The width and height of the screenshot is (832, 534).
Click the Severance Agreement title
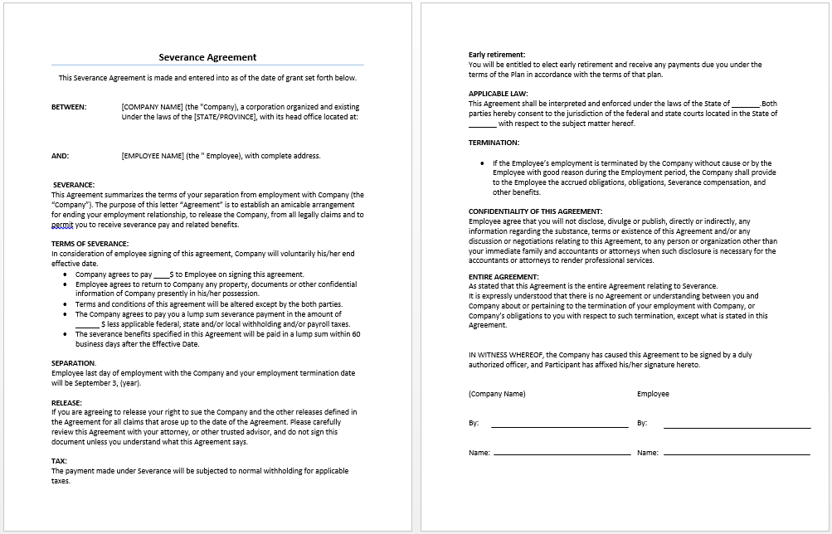[x=207, y=57]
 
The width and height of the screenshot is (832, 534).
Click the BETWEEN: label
[x=69, y=107]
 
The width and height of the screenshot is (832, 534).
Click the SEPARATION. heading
[x=74, y=363]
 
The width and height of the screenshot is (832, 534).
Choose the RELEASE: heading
[x=66, y=402]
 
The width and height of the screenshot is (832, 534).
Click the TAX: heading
[x=60, y=461]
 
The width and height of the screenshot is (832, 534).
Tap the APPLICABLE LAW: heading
[x=498, y=94]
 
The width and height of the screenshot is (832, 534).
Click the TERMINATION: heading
[x=494, y=143]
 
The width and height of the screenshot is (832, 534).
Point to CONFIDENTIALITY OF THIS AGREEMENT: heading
[x=535, y=211]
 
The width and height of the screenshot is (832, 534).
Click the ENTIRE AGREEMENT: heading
[x=504, y=277]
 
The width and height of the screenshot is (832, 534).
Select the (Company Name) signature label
[x=497, y=394]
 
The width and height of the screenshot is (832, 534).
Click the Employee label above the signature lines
[x=653, y=394]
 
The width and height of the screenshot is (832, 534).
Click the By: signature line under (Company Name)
[x=559, y=425]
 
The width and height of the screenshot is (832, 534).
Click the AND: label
[x=61, y=156]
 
